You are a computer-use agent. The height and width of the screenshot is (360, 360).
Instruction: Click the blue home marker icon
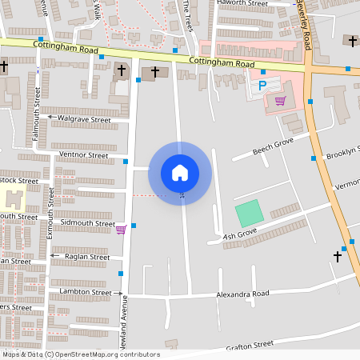(x=180, y=172)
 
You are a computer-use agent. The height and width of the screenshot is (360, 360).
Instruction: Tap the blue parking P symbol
(x=261, y=85)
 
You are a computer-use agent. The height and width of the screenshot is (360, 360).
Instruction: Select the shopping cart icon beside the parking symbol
(x=280, y=100)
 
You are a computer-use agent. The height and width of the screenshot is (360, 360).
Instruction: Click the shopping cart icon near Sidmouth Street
(x=121, y=230)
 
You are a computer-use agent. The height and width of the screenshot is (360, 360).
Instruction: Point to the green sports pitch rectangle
(x=249, y=214)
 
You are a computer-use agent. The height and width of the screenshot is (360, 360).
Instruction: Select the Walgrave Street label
(x=83, y=120)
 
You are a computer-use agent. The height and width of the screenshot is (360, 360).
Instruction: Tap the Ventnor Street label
(x=83, y=154)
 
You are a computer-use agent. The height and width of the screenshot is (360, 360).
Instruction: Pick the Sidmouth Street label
(x=82, y=223)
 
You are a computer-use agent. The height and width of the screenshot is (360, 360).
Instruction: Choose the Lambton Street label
(x=86, y=293)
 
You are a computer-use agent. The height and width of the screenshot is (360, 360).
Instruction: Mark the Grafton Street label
(x=250, y=344)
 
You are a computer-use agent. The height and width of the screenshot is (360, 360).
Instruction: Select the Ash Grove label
(x=239, y=235)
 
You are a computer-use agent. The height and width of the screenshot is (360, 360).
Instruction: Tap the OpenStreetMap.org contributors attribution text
(x=107, y=354)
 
